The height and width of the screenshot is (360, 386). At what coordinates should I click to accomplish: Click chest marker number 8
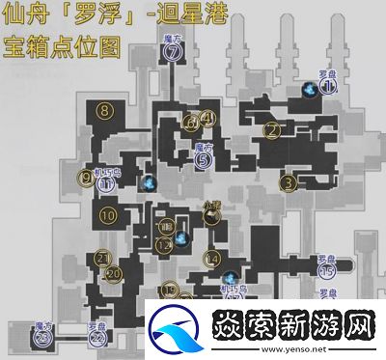point(104,112)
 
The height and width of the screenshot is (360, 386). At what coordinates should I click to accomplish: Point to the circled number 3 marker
point(287,180)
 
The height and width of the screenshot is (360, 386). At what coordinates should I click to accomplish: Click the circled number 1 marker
point(327,89)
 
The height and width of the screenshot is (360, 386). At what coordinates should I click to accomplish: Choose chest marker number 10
point(106,214)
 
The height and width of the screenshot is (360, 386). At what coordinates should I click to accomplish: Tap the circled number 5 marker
point(203,160)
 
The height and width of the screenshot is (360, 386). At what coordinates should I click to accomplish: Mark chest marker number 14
point(211,259)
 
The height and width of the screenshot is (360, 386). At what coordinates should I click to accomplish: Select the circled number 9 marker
point(87,178)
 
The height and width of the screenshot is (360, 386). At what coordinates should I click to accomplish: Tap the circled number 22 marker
point(96,338)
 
